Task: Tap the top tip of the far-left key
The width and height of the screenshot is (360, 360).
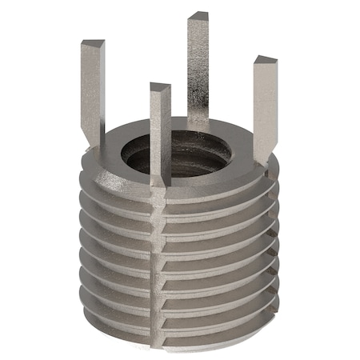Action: [x=92, y=44]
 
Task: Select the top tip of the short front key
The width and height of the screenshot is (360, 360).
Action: [x=160, y=87]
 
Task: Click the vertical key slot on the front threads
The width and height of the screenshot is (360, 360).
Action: [x=158, y=264]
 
